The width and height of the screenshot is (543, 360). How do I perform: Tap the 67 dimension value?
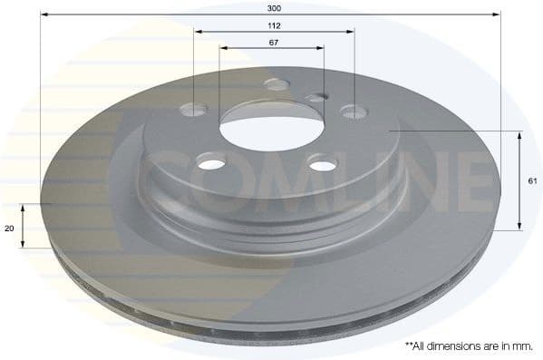click(x=273, y=43)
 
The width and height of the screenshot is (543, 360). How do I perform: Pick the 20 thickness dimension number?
click(x=9, y=229)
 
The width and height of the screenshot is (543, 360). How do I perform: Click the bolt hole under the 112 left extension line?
click(x=193, y=110)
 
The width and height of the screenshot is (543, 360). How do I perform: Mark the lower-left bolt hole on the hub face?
click(x=210, y=163)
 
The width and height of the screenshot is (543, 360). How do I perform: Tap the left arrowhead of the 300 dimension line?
click(x=44, y=15)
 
